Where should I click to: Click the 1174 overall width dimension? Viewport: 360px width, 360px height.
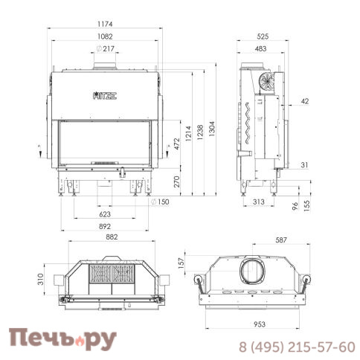click(105, 24)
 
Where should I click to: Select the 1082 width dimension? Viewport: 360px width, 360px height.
click(105, 36)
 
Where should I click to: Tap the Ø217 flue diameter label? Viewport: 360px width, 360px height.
click(106, 48)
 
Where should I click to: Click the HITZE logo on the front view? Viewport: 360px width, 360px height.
click(105, 95)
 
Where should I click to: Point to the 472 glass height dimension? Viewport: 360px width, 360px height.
click(177, 144)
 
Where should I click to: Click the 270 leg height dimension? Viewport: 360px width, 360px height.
click(177, 181)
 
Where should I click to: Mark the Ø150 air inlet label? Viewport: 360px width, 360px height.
click(160, 202)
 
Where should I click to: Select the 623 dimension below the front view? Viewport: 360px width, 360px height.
click(105, 214)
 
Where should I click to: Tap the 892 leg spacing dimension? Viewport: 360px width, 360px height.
click(105, 226)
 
